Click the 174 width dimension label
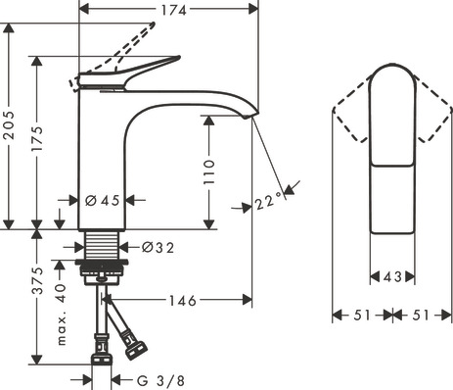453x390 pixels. pos(173,10)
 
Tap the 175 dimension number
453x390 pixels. pos(37,138)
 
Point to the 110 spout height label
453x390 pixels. pos(209,171)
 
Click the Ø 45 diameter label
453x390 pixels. pos(103,200)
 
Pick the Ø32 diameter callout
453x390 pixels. pos(158,248)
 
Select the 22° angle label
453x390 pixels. pos(268,202)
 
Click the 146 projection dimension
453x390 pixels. pos(183,301)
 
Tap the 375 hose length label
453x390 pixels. pos(37,280)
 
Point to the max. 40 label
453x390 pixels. pos(62,315)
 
